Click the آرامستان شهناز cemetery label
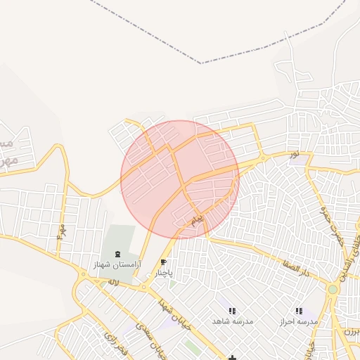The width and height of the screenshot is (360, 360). pyautogui.click(x=117, y=264)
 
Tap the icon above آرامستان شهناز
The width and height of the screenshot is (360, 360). pyautogui.click(x=117, y=254)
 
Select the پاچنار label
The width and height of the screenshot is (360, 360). pyautogui.click(x=162, y=272)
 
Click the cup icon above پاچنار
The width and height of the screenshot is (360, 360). pyautogui.click(x=163, y=262)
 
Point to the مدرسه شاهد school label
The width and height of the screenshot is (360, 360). pyautogui.click(x=232, y=321)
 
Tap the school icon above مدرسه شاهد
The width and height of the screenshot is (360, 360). pyautogui.click(x=232, y=311)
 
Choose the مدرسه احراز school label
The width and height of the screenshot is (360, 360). pyautogui.click(x=299, y=321)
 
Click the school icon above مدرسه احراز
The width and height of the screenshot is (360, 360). pyautogui.click(x=299, y=310)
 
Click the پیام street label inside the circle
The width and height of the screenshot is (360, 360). pyautogui.click(x=198, y=220)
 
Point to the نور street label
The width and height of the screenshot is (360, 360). pyautogui.click(x=293, y=153)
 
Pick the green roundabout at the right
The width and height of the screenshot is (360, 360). pyautogui.click(x=333, y=289)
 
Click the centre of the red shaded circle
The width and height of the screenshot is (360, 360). pyautogui.click(x=180, y=179)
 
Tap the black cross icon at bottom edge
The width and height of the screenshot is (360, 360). pyautogui.click(x=232, y=357)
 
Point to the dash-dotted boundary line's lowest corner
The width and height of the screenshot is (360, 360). pyautogui.click(x=200, y=63)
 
